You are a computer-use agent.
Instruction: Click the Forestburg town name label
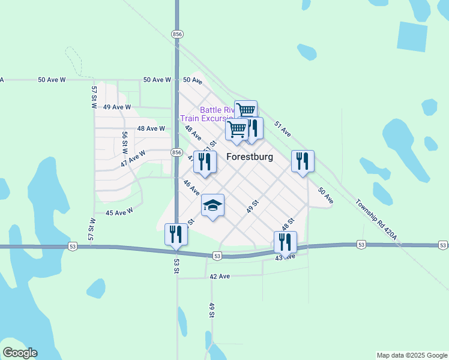[x=250, y=157]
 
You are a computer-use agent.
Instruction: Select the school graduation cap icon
[x=212, y=205]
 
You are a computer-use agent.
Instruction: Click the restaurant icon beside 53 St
[x=176, y=234]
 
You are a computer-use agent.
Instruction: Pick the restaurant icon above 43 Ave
[x=285, y=242]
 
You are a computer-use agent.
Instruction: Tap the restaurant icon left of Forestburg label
[x=205, y=161]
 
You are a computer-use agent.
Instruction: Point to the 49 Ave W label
[x=117, y=107]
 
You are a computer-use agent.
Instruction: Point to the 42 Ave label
[x=220, y=277]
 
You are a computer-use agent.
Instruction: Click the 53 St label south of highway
[x=177, y=268]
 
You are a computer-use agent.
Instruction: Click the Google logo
[x=20, y=353]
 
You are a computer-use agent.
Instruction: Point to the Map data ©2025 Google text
[x=412, y=355]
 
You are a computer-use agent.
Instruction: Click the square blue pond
[x=412, y=35]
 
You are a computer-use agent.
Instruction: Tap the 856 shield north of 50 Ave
[x=176, y=34]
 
